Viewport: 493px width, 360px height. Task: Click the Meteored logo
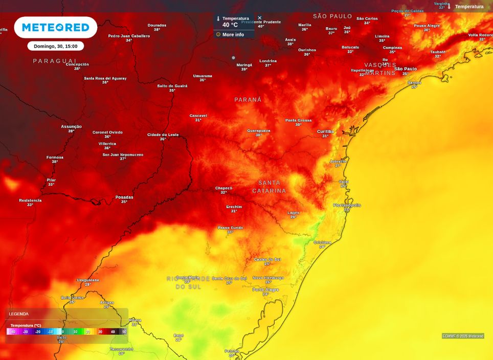pos(55,27)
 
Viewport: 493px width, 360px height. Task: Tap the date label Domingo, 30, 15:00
pos(55,46)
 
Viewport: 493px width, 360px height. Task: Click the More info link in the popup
pos(233,35)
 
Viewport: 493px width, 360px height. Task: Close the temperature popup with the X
pos(259,18)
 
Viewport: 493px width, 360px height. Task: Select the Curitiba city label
pos(325,131)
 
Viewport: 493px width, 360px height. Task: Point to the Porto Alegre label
pos(265,289)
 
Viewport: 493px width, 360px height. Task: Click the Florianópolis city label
pos(347,205)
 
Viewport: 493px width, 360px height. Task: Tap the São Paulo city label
pos(405,69)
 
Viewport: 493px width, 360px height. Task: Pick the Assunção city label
pos(71,126)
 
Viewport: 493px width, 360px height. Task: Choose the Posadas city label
pos(124,197)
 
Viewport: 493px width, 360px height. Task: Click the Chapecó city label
pos(223,188)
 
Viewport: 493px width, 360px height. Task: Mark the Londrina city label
pos(268,61)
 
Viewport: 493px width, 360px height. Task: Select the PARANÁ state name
pos(248,100)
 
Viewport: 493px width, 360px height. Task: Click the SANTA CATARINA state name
pos(269,187)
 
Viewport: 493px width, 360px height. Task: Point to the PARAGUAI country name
pos(55,61)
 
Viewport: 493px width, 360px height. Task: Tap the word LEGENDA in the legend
pos(19,314)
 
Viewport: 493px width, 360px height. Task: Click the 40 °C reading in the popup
pos(230,25)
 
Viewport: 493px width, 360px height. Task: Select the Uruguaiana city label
pos(87,280)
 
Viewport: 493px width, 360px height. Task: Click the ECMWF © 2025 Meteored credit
pos(463,336)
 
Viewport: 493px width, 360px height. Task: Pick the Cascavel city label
pos(198,116)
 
